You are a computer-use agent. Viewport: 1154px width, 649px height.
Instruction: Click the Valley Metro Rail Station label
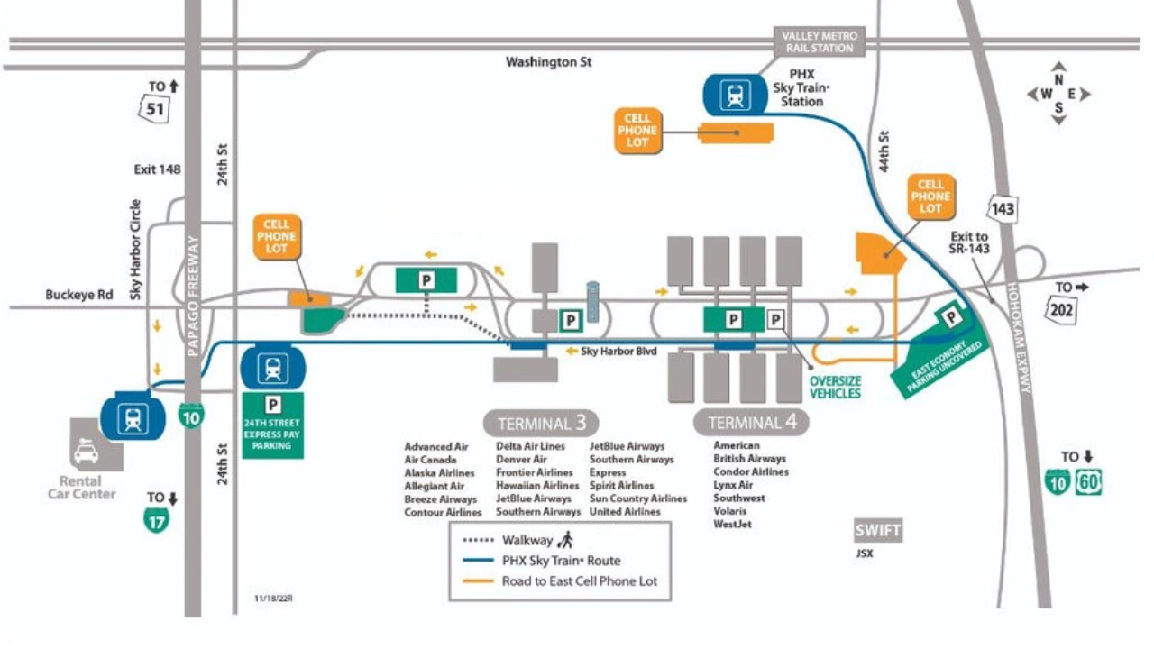coord(820,41)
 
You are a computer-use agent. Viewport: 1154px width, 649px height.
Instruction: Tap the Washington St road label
coord(548,62)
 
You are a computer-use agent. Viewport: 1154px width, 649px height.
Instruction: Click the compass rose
coord(1058,94)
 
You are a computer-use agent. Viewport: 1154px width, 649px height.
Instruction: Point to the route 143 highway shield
coord(1003,209)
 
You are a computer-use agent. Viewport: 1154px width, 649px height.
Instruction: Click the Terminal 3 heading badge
coord(541,423)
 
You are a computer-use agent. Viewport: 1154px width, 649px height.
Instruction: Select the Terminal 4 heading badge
coord(751,422)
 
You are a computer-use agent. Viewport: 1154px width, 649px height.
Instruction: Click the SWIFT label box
coord(877,530)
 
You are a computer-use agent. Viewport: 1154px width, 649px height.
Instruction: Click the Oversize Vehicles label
coord(835,387)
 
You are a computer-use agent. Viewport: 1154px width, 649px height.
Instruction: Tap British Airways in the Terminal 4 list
coord(749,459)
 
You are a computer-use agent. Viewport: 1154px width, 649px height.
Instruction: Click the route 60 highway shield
coord(1088,482)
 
